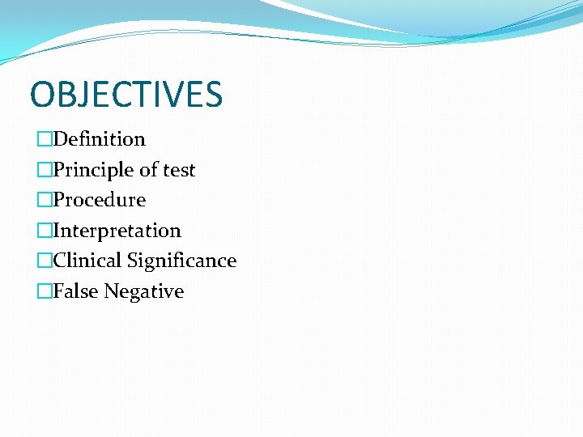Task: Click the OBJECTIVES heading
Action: pos(126,95)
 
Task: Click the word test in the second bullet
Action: pos(179,170)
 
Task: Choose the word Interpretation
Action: pos(117,231)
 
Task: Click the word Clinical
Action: pos(87,261)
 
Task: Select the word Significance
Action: pos(181,261)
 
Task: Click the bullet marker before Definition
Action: pos(45,139)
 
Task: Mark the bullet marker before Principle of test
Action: pos(45,170)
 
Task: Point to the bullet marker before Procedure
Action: pos(45,200)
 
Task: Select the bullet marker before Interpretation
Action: pos(45,231)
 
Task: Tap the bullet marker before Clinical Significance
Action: pos(45,261)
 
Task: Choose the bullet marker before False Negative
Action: pos(45,291)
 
